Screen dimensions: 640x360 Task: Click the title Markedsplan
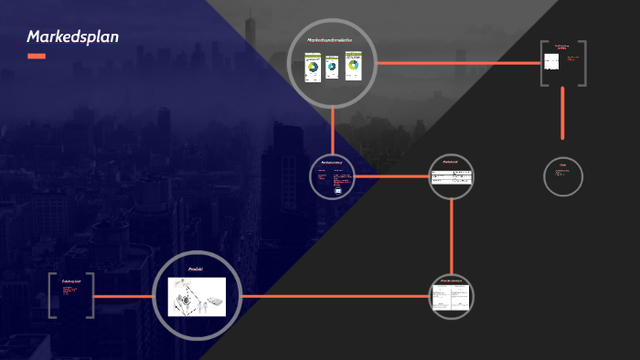(72, 37)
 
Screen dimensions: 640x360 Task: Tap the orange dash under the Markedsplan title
(37, 57)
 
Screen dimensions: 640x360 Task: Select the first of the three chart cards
(312, 69)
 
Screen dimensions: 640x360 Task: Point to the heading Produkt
(196, 270)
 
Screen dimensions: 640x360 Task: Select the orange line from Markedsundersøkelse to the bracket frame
(457, 63)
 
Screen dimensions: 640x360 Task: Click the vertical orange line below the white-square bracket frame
(562, 112)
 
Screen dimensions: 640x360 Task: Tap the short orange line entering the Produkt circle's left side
(123, 296)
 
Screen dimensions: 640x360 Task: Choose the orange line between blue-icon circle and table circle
(390, 176)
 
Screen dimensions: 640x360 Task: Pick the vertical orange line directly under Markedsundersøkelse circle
(333, 128)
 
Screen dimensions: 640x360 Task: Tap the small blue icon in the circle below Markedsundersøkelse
(338, 191)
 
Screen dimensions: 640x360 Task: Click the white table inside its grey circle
(452, 177)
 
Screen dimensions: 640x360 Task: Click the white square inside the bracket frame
(551, 63)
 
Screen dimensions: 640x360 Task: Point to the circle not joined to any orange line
(562, 176)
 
